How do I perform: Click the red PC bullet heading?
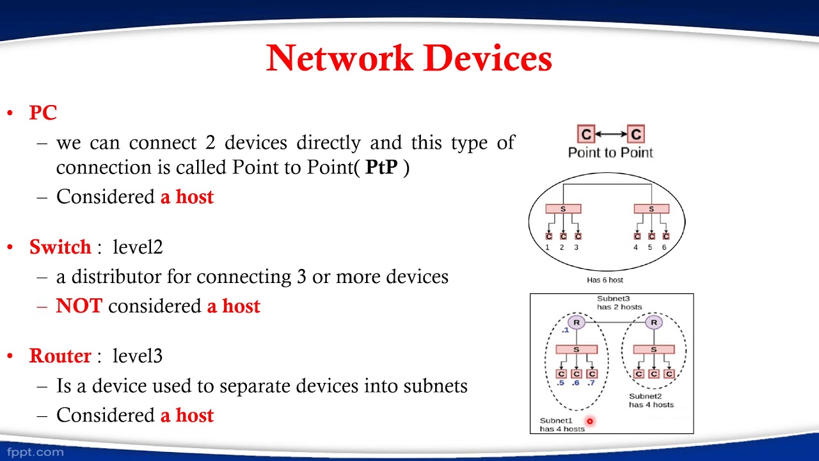click(x=43, y=113)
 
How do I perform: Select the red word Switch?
click(x=60, y=247)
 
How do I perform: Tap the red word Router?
click(x=60, y=356)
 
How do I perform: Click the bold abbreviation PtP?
click(x=381, y=168)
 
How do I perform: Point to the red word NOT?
click(x=79, y=306)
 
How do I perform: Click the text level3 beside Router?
click(x=138, y=356)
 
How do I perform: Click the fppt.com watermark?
click(x=36, y=452)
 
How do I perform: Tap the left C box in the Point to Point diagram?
click(x=586, y=134)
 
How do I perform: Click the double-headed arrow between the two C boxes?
click(x=611, y=134)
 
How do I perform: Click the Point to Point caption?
click(x=610, y=152)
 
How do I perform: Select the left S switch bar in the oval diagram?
click(x=563, y=209)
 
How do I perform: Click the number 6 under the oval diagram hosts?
click(x=664, y=247)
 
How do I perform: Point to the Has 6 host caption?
click(x=605, y=280)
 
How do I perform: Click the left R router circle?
click(x=576, y=322)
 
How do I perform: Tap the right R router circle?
click(x=653, y=322)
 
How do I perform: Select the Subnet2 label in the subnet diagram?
click(x=645, y=396)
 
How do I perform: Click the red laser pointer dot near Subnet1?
click(x=589, y=421)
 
